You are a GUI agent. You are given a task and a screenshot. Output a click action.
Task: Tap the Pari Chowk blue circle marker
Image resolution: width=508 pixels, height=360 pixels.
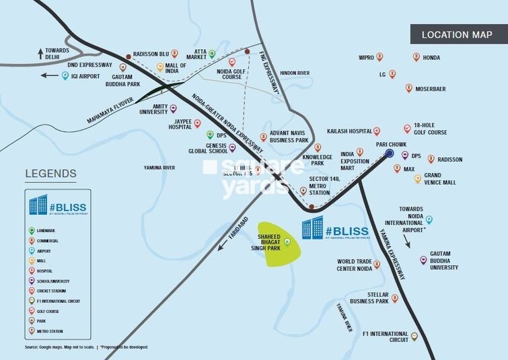click(390, 154)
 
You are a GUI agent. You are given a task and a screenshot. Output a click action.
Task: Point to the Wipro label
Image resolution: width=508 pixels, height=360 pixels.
click(366, 58)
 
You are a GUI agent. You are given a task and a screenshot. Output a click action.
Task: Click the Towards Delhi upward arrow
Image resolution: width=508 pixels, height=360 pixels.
click(40, 51)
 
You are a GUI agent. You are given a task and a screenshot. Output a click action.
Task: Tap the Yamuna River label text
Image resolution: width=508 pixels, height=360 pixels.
click(159, 167)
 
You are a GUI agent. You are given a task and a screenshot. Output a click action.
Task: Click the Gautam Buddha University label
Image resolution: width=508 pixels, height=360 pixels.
click(443, 264)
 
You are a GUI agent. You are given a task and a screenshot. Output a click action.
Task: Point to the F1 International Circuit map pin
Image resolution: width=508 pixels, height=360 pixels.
click(414, 336)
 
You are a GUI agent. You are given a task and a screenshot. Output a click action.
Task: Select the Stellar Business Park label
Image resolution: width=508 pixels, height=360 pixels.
click(369, 297)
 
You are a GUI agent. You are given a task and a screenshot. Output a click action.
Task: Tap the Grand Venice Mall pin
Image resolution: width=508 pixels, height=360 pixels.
click(418, 178)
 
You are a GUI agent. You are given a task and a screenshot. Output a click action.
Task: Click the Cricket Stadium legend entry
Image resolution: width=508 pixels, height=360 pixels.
click(52, 291)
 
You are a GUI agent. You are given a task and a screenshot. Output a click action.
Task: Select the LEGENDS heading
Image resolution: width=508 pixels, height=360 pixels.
click(50, 174)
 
